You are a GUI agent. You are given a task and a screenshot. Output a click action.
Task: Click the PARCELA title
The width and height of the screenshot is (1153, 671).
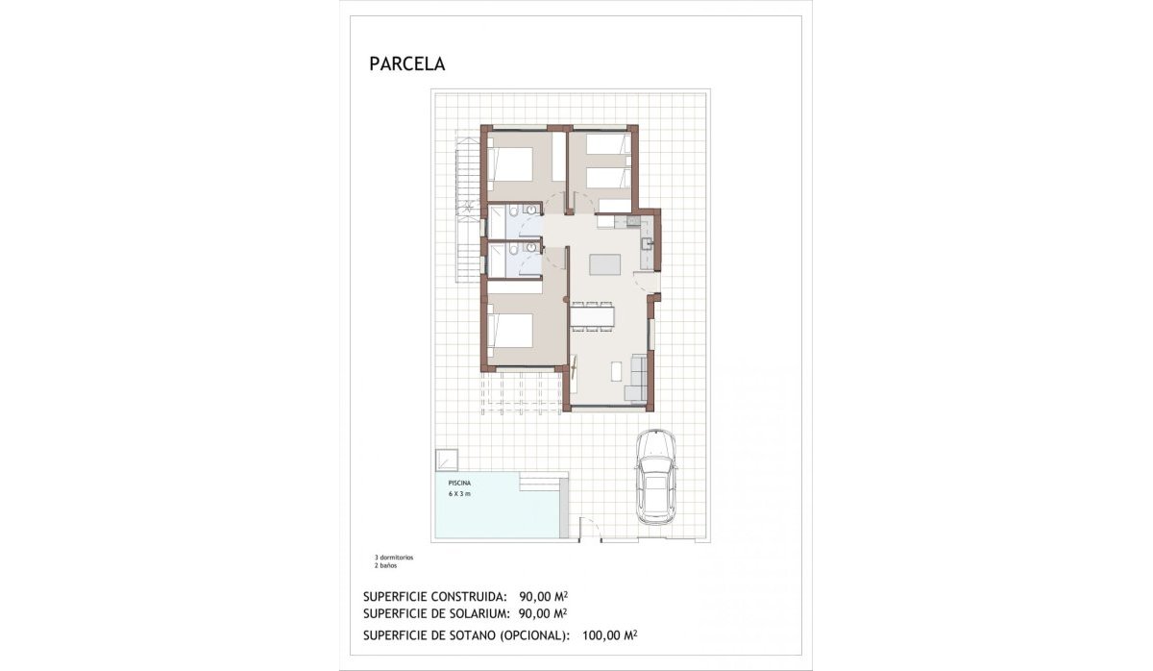point(406,64)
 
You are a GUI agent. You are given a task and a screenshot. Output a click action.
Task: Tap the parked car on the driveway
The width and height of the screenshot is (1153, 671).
point(655,477)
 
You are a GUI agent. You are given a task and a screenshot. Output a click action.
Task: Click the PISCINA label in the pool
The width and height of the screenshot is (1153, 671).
point(459,483)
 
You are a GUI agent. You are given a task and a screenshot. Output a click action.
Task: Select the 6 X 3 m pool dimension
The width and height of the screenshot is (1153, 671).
point(459,493)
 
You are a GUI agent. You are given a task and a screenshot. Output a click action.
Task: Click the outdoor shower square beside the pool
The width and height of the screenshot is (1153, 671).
point(447,460)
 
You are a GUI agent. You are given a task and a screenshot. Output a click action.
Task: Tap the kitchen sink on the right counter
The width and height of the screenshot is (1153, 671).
point(648,243)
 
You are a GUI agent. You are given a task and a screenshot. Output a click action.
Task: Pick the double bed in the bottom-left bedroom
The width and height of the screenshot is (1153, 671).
point(511,332)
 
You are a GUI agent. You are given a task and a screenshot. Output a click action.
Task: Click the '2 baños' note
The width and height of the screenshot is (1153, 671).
point(385,565)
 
